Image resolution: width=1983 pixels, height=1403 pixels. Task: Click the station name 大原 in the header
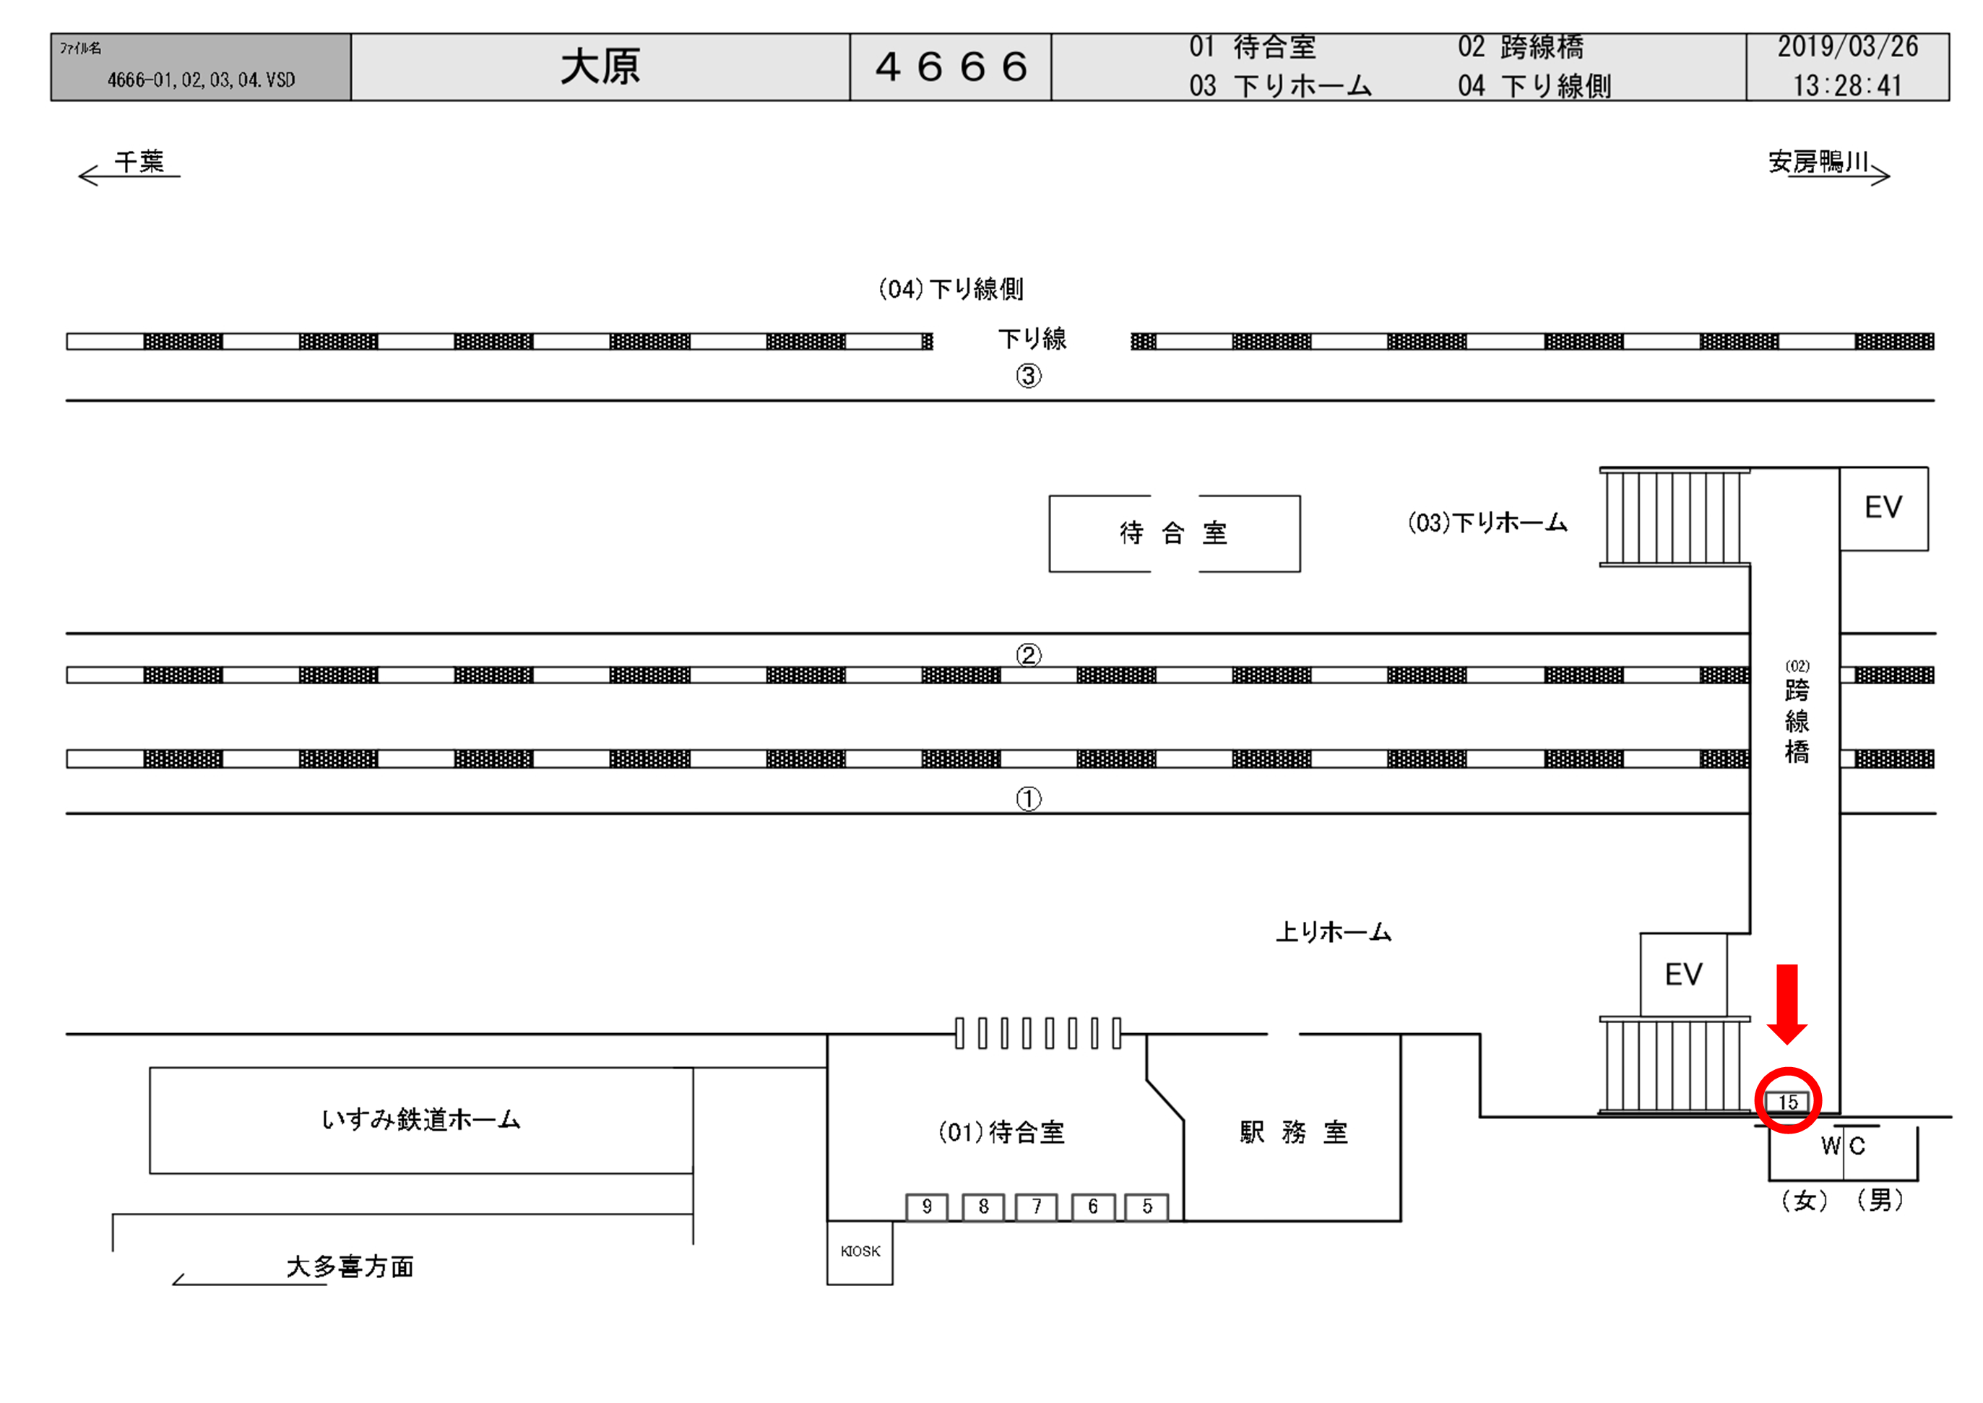[600, 67]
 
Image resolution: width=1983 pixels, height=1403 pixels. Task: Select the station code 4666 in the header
[951, 67]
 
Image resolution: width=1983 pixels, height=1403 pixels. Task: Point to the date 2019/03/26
[1847, 47]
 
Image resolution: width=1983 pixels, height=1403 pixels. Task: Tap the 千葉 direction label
[139, 162]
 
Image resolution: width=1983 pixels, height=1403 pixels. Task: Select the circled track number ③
[1028, 376]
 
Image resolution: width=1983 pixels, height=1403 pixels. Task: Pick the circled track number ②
[1028, 655]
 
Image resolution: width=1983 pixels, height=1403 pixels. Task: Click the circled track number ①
[1028, 799]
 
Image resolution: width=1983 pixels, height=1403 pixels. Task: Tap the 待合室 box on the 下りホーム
[1174, 533]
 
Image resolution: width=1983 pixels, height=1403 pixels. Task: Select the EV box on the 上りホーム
[1683, 975]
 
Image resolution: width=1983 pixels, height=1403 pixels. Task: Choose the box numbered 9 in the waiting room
[927, 1207]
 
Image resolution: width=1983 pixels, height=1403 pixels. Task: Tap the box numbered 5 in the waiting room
[1147, 1207]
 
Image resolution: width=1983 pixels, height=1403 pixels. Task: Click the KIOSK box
[860, 1252]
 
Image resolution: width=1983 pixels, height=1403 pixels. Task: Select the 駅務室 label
[1293, 1132]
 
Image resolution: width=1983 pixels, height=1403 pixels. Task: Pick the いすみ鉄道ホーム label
[420, 1120]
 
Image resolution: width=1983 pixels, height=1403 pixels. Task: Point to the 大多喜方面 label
[350, 1266]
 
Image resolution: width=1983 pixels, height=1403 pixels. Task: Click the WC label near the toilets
[1843, 1147]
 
